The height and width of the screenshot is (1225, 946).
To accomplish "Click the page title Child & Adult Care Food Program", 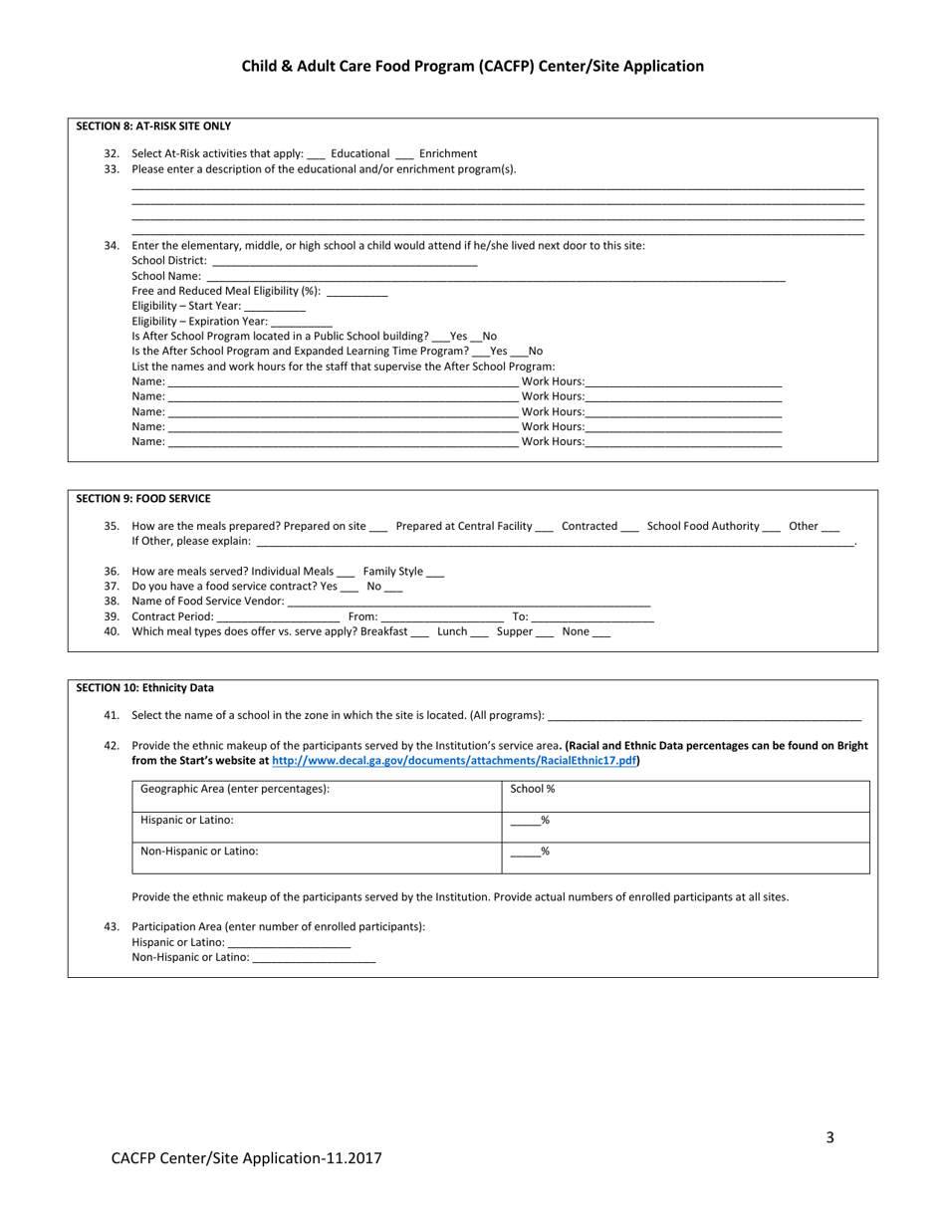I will pyautogui.click(x=472, y=67).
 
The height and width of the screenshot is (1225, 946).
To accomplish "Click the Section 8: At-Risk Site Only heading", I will pyautogui.click(x=153, y=126).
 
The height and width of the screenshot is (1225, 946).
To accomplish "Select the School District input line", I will pyautogui.click(x=345, y=261).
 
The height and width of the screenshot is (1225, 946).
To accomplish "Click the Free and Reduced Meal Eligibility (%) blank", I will pyautogui.click(x=356, y=292).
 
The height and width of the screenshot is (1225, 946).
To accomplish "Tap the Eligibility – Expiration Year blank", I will pyautogui.click(x=301, y=323).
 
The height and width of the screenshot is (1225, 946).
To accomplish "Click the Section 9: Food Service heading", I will pyautogui.click(x=143, y=499).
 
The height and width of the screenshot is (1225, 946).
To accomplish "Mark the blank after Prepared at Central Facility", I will pyautogui.click(x=544, y=527).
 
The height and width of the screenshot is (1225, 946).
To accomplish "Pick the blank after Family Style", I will pyautogui.click(x=435, y=573).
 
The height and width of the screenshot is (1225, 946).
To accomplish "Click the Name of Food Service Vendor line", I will pyautogui.click(x=468, y=602).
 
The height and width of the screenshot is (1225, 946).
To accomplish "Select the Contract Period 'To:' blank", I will pyautogui.click(x=592, y=617).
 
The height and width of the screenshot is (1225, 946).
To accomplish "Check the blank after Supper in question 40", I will pyautogui.click(x=544, y=632).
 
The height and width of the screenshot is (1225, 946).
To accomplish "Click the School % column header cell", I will pyautogui.click(x=533, y=789).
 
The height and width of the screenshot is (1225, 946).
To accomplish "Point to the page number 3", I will pyautogui.click(x=829, y=1138).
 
